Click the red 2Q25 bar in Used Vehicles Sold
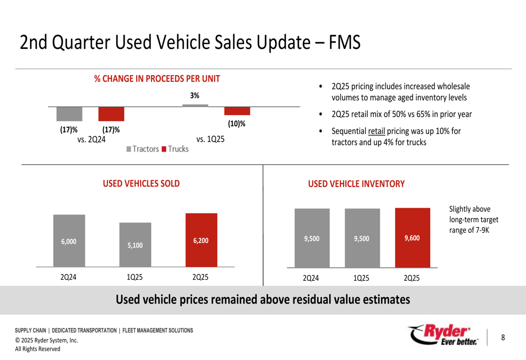(x=201, y=240)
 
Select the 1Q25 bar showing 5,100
(x=135, y=245)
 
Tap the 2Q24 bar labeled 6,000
(x=69, y=241)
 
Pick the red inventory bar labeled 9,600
(x=412, y=238)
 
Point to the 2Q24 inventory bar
(x=312, y=238)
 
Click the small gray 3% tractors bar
(x=195, y=105)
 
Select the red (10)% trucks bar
(x=237, y=111)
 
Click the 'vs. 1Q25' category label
(x=210, y=139)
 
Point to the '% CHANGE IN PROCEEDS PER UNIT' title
(x=157, y=79)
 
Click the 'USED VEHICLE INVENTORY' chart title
(x=356, y=184)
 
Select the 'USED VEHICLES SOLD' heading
(x=141, y=183)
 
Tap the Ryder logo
(x=444, y=335)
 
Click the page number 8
(x=503, y=337)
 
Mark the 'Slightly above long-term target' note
(x=473, y=220)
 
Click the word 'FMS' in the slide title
(x=344, y=43)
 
